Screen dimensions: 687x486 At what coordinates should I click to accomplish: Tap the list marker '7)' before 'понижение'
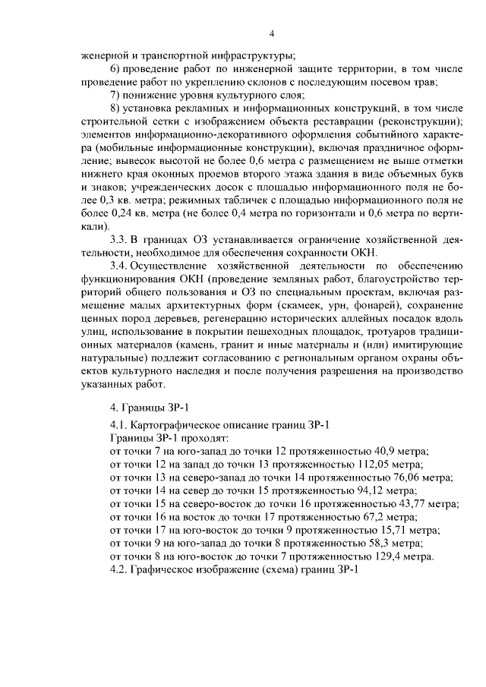[x=115, y=95]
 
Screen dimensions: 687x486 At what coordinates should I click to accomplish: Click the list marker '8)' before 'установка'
[x=115, y=108]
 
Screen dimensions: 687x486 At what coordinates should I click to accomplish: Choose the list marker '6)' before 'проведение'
[x=115, y=68]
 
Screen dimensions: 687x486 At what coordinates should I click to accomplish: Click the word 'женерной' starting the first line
[x=104, y=55]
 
